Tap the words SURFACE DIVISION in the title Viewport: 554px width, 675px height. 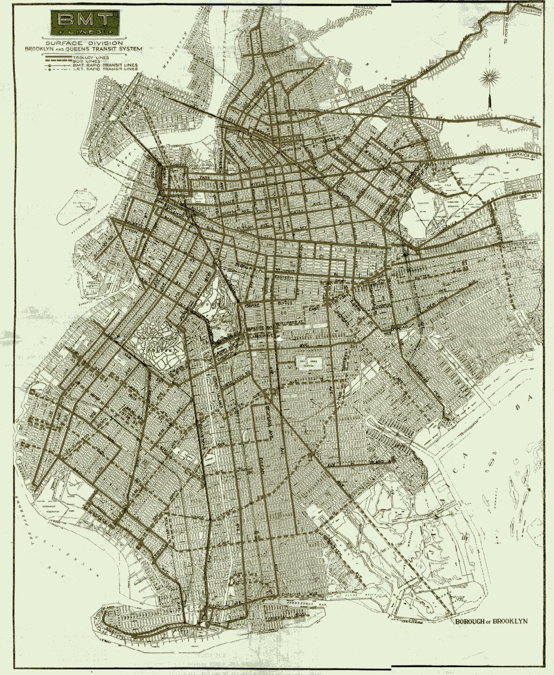(84, 42)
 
